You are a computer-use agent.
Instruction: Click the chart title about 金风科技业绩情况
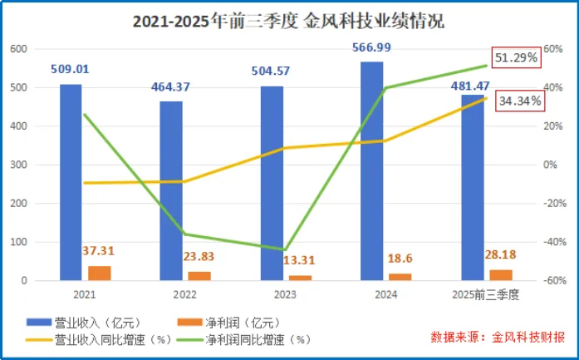(x=288, y=23)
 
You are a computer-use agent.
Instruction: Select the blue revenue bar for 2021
(x=71, y=183)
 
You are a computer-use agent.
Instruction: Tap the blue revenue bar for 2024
(x=372, y=171)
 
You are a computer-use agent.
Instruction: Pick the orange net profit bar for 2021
(x=100, y=274)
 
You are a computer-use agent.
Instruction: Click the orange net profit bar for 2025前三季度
(x=501, y=275)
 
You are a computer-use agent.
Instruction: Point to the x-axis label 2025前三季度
(x=486, y=294)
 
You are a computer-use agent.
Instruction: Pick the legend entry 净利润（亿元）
(x=232, y=322)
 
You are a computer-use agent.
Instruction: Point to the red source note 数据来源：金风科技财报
(x=498, y=338)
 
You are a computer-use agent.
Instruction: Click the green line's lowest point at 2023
(x=285, y=249)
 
